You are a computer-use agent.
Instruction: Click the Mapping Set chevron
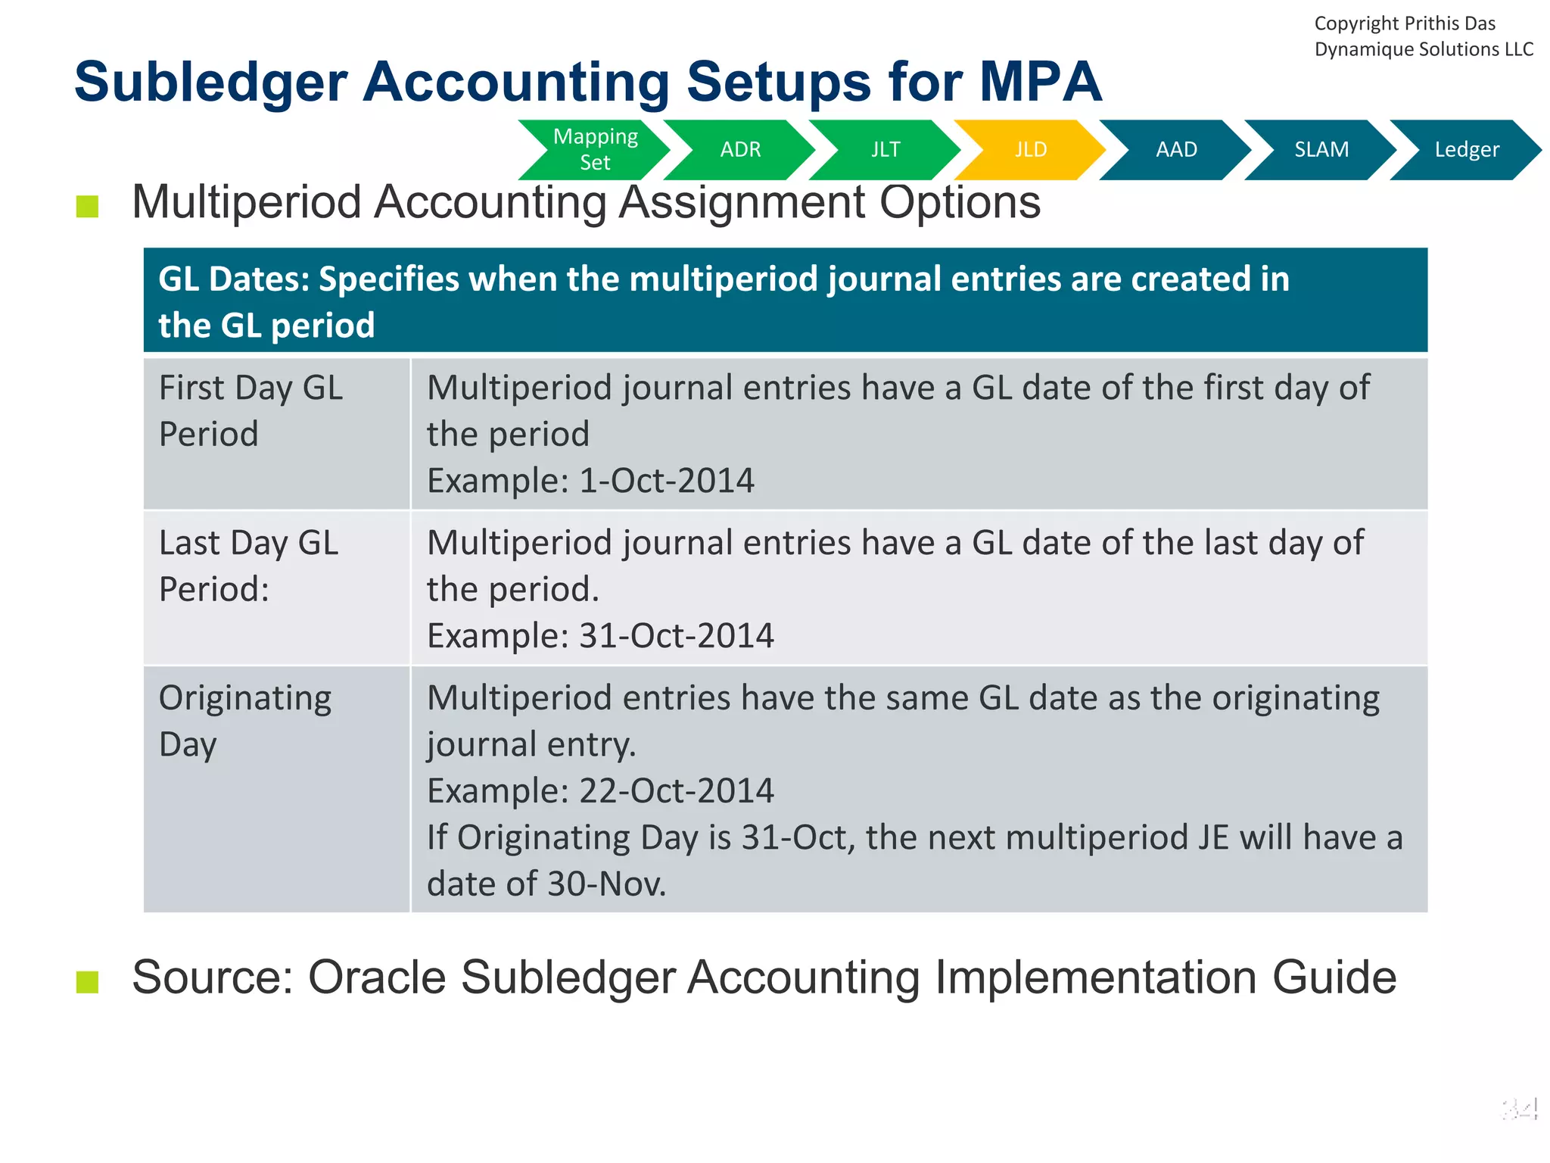point(596,149)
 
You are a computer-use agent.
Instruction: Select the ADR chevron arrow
point(740,149)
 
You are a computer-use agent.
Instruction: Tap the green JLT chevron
point(885,149)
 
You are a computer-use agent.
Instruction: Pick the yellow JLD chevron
point(1031,149)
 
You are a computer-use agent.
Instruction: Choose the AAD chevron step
point(1176,149)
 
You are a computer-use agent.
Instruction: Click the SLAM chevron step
point(1321,149)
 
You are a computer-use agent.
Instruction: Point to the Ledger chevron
point(1466,149)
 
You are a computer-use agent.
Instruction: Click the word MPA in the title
point(1040,82)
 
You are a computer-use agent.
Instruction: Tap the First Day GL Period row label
point(251,410)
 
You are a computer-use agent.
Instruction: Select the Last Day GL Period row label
point(248,566)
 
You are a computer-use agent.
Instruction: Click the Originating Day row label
point(244,720)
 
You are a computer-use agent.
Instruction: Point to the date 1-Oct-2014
point(666,481)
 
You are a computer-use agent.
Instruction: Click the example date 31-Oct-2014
point(676,635)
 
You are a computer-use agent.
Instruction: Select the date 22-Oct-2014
point(676,790)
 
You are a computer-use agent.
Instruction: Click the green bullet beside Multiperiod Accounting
point(88,206)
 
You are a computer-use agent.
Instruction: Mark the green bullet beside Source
point(88,981)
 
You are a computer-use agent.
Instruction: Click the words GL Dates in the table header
point(233,279)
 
